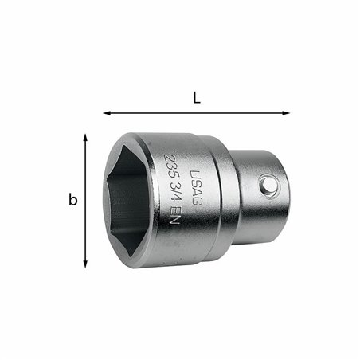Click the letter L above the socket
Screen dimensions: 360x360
(x=197, y=98)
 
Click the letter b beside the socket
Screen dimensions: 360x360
(x=72, y=201)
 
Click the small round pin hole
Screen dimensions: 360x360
(x=270, y=185)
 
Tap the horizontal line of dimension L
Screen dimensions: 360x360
(x=197, y=113)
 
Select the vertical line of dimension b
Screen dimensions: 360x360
(x=85, y=201)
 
